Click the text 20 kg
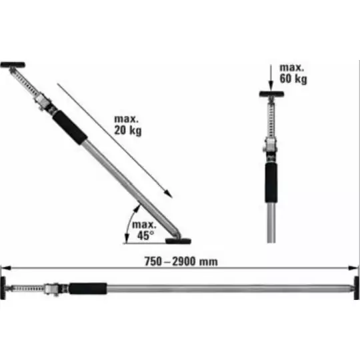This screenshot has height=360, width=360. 128,131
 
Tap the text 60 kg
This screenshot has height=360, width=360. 293,79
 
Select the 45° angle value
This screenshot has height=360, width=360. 145,235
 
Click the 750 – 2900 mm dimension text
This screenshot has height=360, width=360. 181,261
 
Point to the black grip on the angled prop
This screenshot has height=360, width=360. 70,127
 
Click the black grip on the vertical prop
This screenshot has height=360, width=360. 271,183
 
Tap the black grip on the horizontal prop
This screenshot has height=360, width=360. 88,289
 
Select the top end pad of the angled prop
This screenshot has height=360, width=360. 13,65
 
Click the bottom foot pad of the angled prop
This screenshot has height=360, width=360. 178,241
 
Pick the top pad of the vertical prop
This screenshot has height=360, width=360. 271,94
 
